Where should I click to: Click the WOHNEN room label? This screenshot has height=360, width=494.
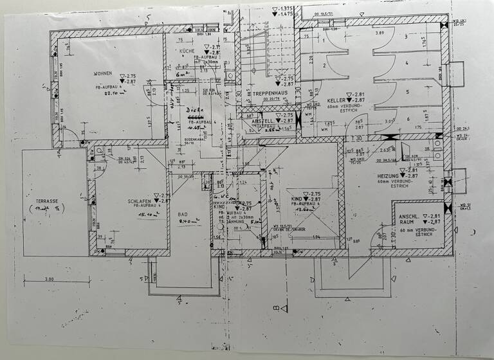click(103, 73)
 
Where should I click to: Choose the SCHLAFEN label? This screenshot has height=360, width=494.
click(140, 201)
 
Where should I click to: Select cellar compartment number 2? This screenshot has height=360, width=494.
click(325, 65)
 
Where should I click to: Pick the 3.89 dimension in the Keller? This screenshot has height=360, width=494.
click(380, 33)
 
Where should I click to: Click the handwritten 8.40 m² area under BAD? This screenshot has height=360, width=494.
click(188, 222)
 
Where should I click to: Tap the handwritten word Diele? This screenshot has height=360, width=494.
click(191, 110)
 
